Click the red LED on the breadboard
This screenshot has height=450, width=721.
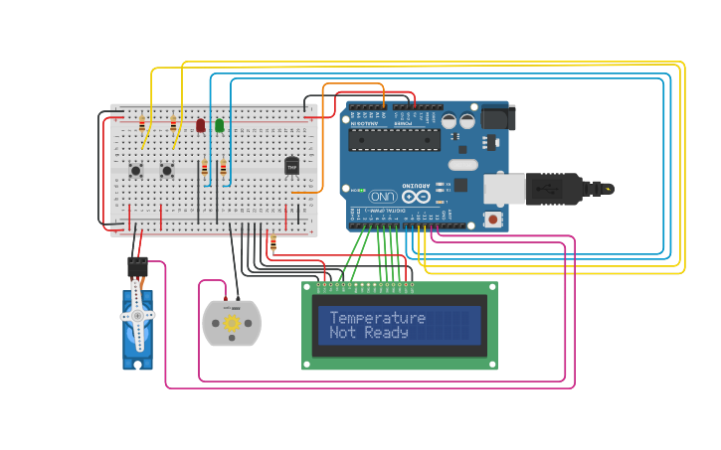tap(201, 125)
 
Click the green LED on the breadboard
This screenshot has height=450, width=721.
tap(219, 125)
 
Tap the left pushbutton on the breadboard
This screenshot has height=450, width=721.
tap(135, 170)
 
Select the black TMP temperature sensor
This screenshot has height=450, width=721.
tap(291, 167)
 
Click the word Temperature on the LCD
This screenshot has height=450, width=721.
tap(377, 318)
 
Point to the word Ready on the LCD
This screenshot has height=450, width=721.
tap(386, 334)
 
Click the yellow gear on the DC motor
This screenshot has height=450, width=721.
tap(232, 323)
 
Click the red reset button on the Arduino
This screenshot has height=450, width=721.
tap(490, 219)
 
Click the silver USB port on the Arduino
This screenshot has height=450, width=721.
tap(503, 188)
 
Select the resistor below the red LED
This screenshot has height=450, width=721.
tap(205, 169)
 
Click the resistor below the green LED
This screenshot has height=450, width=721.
tap(223, 169)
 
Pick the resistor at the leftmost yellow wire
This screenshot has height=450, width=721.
tap(142, 123)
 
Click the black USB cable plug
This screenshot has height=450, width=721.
tap(557, 188)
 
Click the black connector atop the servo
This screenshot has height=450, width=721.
tap(137, 266)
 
